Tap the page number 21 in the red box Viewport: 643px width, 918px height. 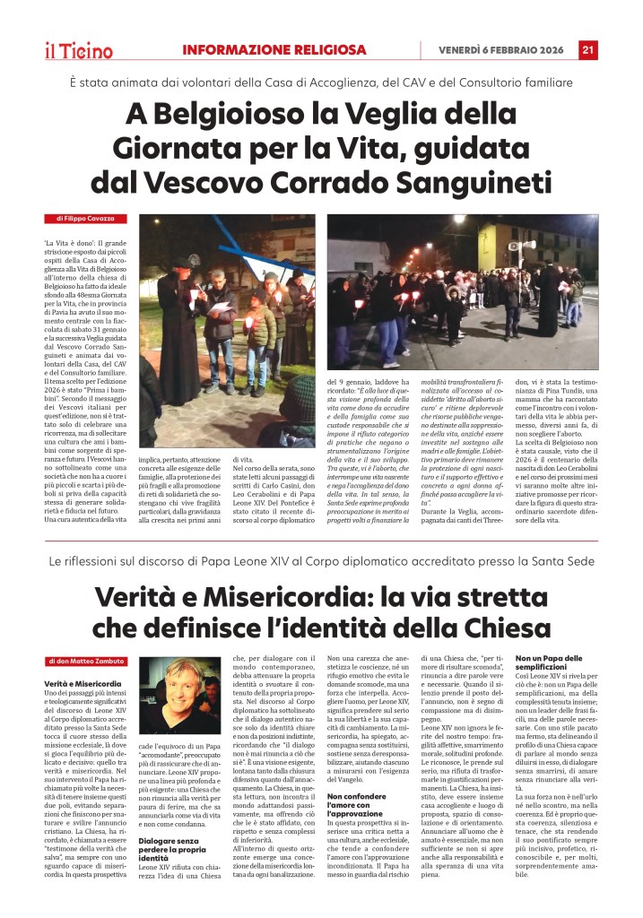(588, 49)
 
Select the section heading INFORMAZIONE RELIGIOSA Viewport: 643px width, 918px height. (274, 49)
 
